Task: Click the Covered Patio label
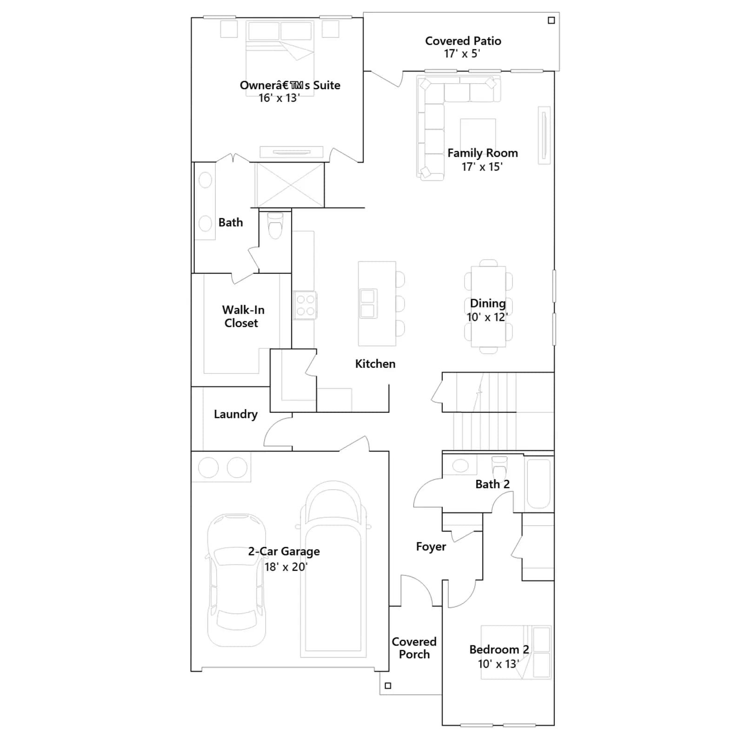(463, 41)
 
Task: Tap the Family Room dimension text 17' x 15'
(482, 166)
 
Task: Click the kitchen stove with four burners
(305, 305)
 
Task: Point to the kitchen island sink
(368, 304)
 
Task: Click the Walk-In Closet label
(243, 316)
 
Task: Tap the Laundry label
(236, 414)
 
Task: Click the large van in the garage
(333, 569)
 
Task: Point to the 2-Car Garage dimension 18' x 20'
(286, 567)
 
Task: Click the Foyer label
(431, 546)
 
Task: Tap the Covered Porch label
(414, 648)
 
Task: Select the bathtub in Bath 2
(539, 484)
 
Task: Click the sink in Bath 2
(460, 465)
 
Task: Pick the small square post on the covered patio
(551, 20)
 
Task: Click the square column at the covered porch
(388, 685)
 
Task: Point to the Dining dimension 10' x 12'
(487, 317)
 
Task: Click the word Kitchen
(375, 364)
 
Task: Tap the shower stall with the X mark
(290, 185)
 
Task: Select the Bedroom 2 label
(499, 650)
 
